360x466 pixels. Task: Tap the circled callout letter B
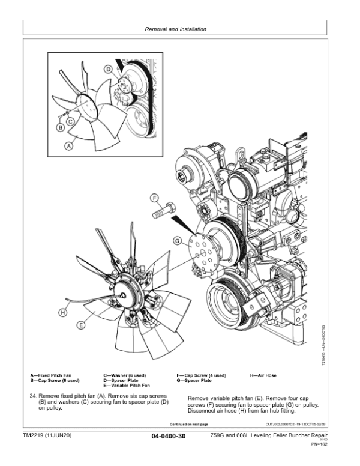coord(61,127)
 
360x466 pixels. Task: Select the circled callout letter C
coord(70,121)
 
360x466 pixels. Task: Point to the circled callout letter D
coord(108,70)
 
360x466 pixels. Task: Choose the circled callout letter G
coord(177,241)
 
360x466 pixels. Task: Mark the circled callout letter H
coord(62,312)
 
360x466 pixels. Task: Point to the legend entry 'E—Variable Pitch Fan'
coord(127,385)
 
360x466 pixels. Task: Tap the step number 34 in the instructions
coord(34,397)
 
